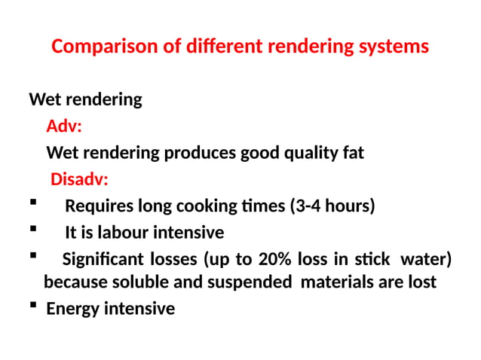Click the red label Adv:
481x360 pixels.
64,127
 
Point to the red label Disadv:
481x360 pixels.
79,180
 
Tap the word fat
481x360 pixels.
353,154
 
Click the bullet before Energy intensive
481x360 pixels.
35,307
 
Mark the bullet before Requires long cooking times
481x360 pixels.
34,203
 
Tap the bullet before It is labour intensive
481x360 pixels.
34,230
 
